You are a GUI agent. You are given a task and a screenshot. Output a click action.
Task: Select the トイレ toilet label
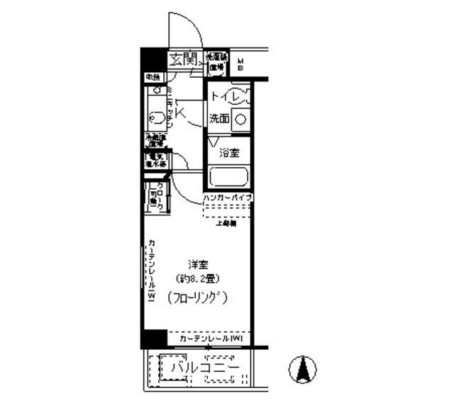[x=226, y=96]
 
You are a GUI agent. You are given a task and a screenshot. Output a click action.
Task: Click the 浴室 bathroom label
[x=228, y=152]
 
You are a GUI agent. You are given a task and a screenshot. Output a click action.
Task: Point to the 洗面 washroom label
[x=218, y=120]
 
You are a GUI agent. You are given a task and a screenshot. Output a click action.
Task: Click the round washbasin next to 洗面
[x=241, y=120]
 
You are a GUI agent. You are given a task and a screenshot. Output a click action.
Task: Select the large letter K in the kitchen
[x=180, y=113]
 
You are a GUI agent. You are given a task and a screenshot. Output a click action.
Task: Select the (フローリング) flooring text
[x=198, y=298]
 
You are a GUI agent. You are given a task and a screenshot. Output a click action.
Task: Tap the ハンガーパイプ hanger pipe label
[x=228, y=197]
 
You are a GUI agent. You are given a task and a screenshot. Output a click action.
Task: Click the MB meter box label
[x=240, y=64]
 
